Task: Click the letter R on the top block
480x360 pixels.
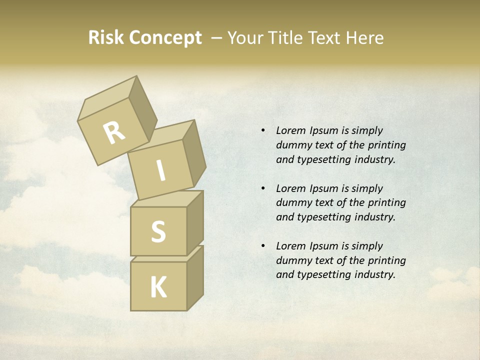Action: pyautogui.click(x=114, y=132)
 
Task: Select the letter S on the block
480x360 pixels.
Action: pyautogui.click(x=158, y=232)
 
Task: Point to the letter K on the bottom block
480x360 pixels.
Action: pyautogui.click(x=158, y=287)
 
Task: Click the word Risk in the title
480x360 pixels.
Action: pyautogui.click(x=105, y=38)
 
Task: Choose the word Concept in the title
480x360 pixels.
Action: pyautogui.click(x=165, y=38)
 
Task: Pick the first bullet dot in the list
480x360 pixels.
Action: pyautogui.click(x=263, y=130)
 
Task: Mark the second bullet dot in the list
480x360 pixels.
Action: pyautogui.click(x=263, y=188)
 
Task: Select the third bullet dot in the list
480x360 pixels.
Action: pyautogui.click(x=263, y=246)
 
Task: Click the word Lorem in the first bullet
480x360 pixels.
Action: pyautogui.click(x=290, y=130)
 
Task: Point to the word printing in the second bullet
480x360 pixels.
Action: pyautogui.click(x=387, y=202)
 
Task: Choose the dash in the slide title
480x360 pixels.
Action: pyautogui.click(x=217, y=38)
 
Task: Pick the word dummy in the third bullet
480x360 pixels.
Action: pyautogui.click(x=293, y=260)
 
